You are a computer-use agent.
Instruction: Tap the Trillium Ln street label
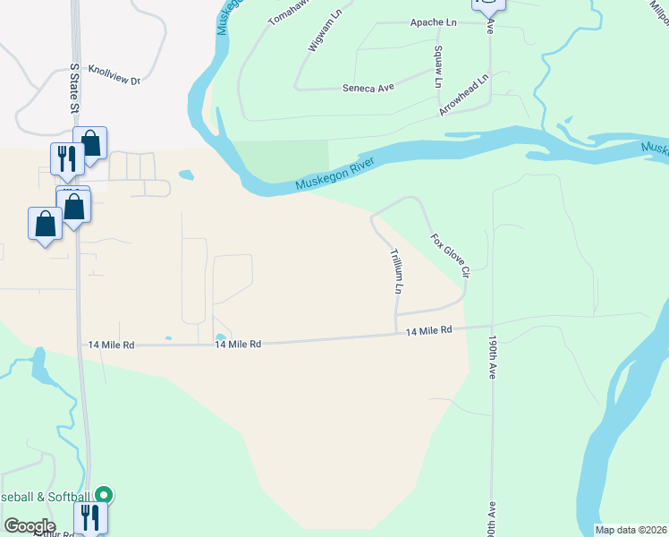coord(394,272)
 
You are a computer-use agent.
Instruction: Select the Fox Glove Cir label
coord(450,260)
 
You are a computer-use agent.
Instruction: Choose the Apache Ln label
coord(434,22)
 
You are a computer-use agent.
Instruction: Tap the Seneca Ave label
coord(368,88)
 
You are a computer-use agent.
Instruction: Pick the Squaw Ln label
coord(438,66)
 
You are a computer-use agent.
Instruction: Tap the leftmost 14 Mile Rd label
coord(111,345)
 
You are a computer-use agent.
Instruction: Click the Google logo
coord(29,526)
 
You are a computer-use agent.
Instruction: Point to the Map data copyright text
coord(631,530)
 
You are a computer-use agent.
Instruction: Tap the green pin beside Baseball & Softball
coord(105,494)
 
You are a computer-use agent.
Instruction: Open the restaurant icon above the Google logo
coord(90,517)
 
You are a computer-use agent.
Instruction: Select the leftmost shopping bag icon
coord(45,222)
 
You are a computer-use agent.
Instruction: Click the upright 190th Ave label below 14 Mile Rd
coord(492,358)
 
